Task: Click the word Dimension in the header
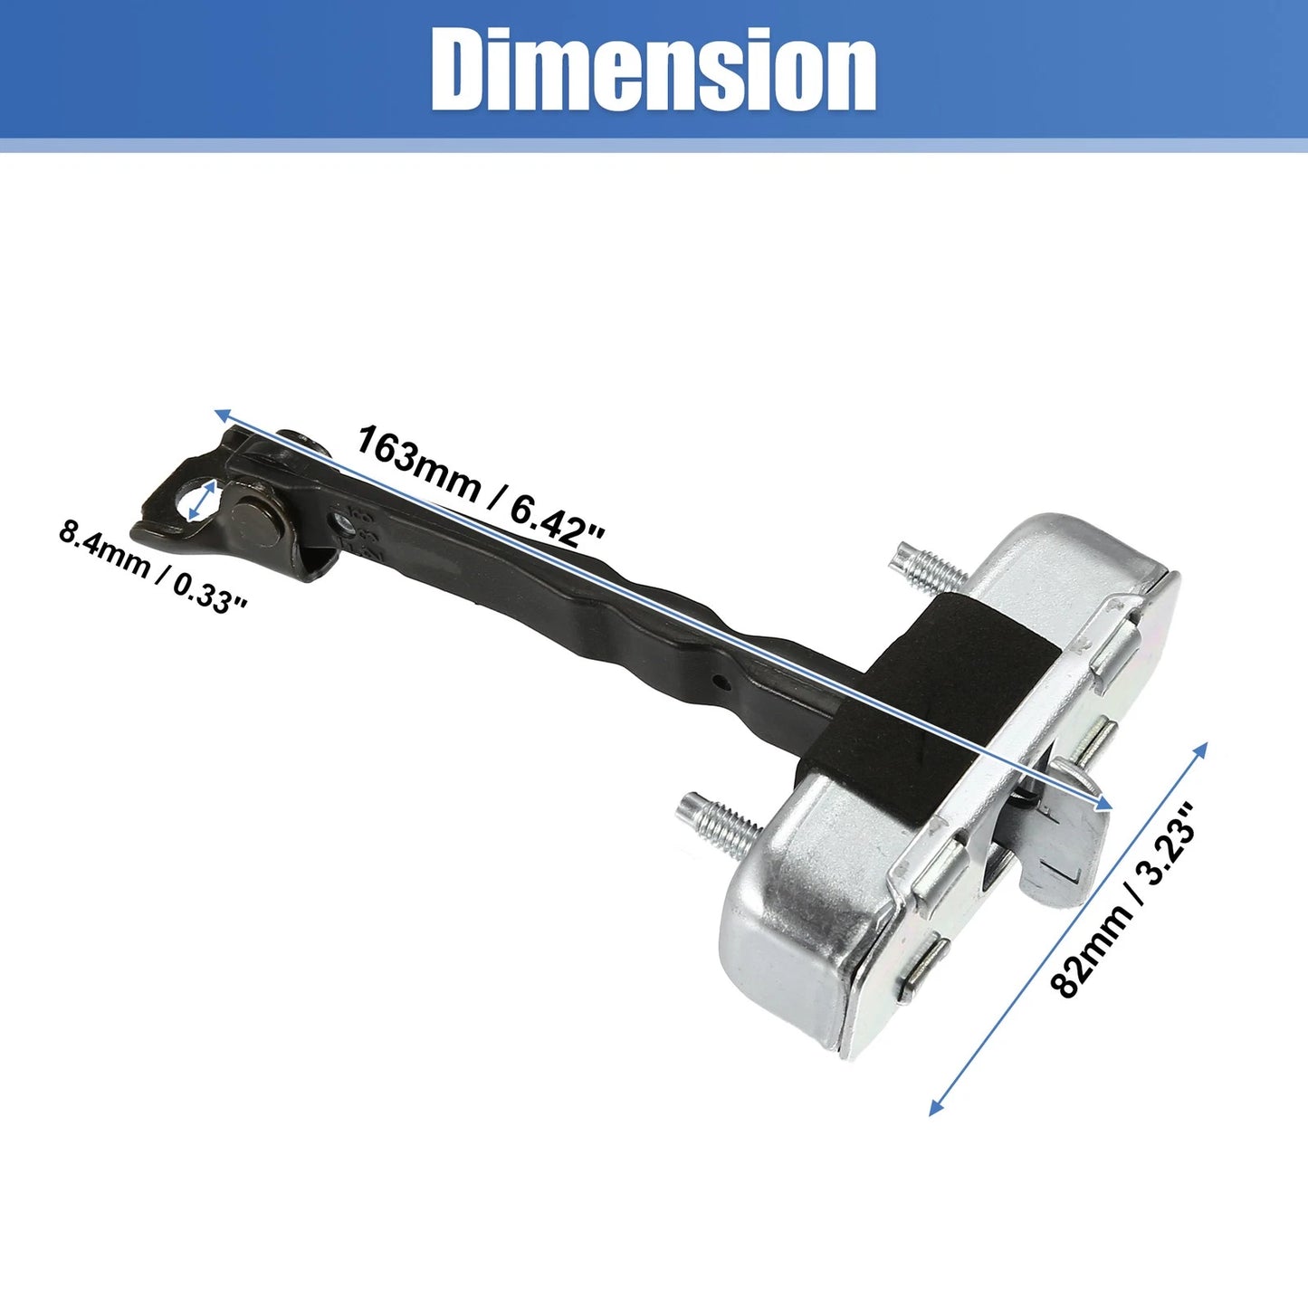[653, 70]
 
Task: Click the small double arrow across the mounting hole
[202, 500]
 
